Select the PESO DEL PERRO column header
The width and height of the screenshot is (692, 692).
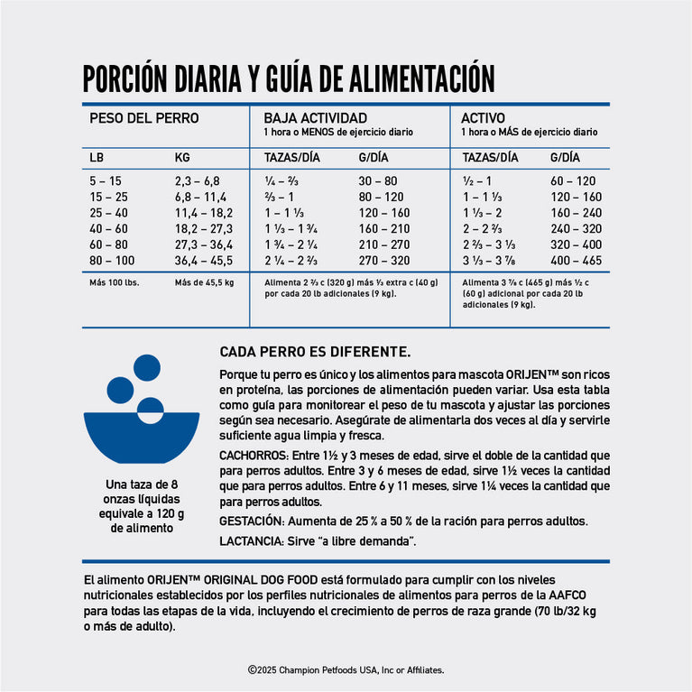click(143, 118)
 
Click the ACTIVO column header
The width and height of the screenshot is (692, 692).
click(483, 118)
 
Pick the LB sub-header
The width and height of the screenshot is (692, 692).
click(97, 158)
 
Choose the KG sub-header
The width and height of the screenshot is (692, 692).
click(182, 158)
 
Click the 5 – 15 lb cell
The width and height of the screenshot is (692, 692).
click(105, 180)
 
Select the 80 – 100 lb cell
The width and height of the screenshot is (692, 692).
click(111, 261)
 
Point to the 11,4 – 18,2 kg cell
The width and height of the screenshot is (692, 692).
click(203, 213)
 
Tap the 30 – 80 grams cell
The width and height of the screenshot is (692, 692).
click(377, 180)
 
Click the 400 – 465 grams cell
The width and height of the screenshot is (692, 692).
click(576, 261)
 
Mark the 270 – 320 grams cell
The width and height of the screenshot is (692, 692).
click(383, 261)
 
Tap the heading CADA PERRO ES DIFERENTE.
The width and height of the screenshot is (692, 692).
click(315, 351)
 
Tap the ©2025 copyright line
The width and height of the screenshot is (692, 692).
click(346, 670)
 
